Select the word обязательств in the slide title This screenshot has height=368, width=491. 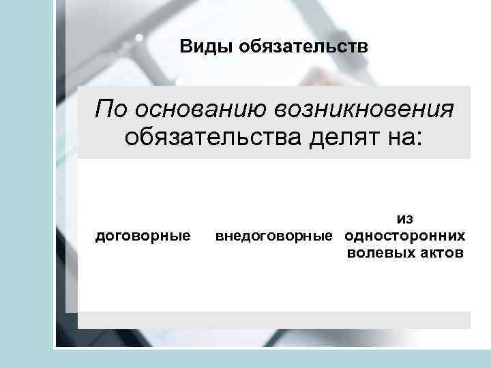pyautogui.click(x=300, y=48)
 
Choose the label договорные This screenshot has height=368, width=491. pyautogui.click(x=142, y=236)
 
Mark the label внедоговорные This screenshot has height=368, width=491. pyautogui.click(x=276, y=236)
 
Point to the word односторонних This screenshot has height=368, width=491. pyautogui.click(x=406, y=236)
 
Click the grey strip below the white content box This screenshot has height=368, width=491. pyautogui.click(x=273, y=320)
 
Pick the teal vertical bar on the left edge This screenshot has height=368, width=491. pyautogui.click(x=26, y=184)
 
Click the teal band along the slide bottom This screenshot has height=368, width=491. pyautogui.click(x=273, y=359)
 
